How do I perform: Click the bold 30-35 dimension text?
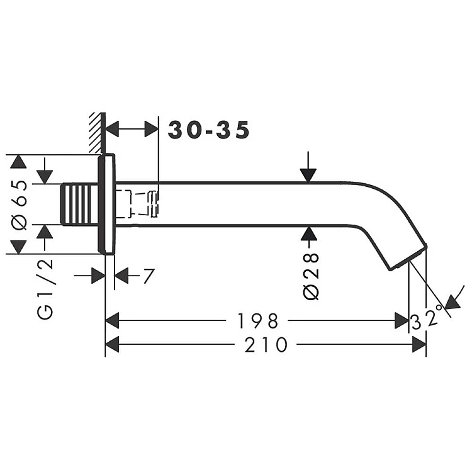tap(208, 130)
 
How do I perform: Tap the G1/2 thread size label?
tap(45, 289)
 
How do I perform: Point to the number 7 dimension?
tap(149, 276)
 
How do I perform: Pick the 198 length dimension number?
tap(257, 321)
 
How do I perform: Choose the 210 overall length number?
tap(266, 345)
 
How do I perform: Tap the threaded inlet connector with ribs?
tap(80, 204)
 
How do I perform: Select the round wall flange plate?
tap(106, 204)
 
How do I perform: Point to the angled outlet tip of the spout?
tap(408, 257)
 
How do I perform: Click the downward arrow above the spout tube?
tap(308, 167)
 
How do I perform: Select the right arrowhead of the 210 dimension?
tap(419, 344)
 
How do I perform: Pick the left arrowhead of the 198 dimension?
tap(112, 320)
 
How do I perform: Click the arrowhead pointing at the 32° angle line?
tap(452, 302)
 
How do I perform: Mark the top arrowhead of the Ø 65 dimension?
tap(18, 162)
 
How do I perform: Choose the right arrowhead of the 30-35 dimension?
tap(152, 129)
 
